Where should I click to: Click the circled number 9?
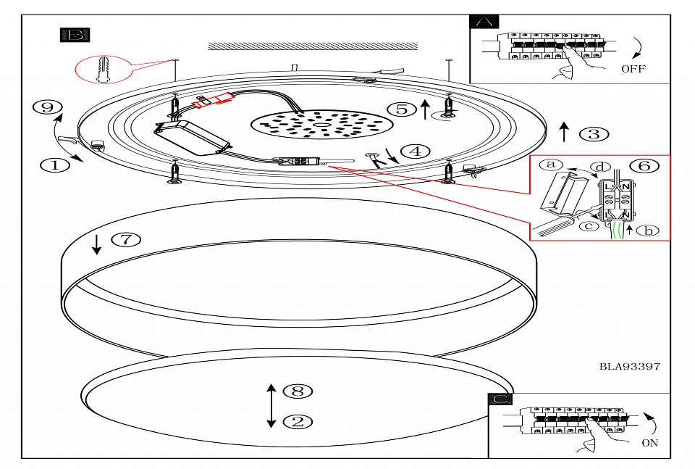click(47, 108)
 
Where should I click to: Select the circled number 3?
click(594, 133)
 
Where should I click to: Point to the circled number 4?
click(414, 152)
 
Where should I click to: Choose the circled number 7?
click(125, 238)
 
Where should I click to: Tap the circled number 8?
click(298, 391)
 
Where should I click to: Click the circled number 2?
click(298, 420)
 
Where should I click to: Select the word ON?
click(649, 443)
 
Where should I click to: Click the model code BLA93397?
click(630, 367)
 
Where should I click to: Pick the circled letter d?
click(599, 167)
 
